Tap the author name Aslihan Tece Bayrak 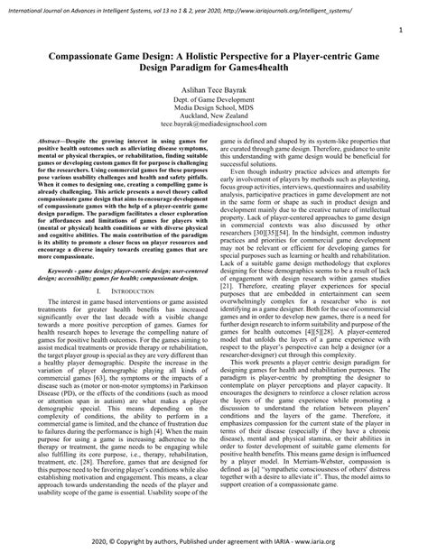[x=213, y=93]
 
